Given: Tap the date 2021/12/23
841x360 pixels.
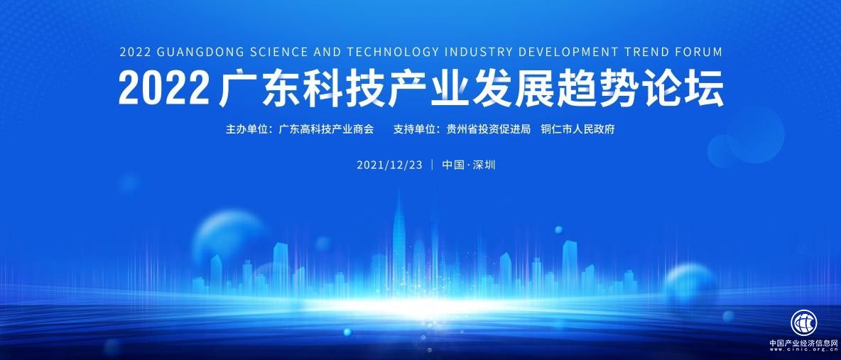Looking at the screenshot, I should (389, 165).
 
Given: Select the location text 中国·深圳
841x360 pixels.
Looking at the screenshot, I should (469, 165).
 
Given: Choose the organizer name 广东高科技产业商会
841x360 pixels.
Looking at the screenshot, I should (326, 130).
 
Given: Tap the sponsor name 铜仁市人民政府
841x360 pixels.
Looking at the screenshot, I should (582, 130).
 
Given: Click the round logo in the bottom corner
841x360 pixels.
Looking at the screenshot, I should (803, 322).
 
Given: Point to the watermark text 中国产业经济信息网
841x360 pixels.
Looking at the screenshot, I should (803, 342).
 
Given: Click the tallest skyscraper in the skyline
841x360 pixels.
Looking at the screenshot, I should (399, 234).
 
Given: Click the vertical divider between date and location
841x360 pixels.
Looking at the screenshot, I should (432, 165).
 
